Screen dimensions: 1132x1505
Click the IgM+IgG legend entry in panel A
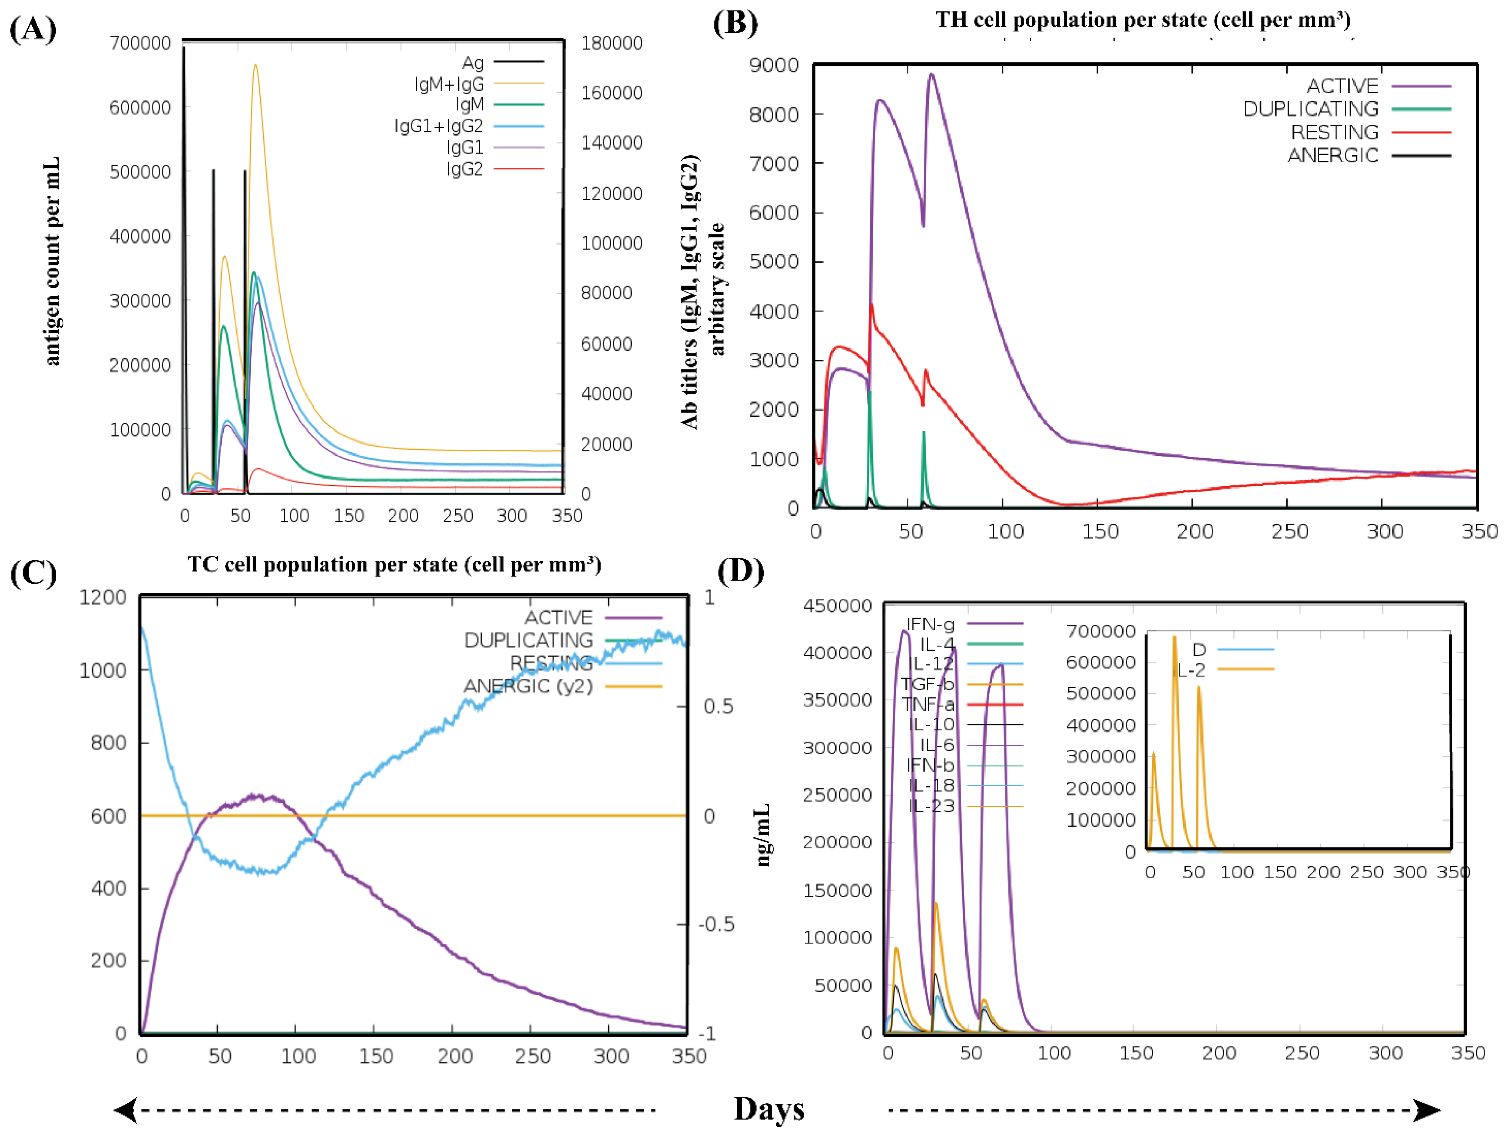point(449,84)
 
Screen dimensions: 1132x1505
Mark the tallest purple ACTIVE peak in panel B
point(931,75)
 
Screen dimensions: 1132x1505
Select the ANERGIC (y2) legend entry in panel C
point(528,686)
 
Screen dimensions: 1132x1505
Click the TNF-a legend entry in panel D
point(928,704)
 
